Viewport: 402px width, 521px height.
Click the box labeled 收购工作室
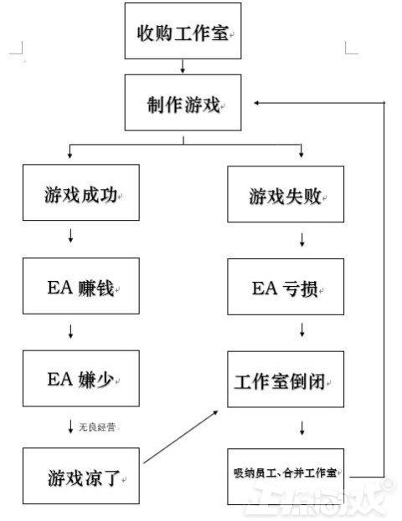click(183, 31)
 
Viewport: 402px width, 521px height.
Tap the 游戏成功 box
click(80, 193)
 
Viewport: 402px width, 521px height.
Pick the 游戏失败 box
click(286, 196)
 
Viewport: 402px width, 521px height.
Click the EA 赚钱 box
click(80, 287)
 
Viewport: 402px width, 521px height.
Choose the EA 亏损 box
click(286, 287)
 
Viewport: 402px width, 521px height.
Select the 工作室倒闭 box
click(286, 381)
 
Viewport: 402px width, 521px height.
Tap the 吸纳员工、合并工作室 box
click(286, 474)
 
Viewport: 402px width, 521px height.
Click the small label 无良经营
click(97, 427)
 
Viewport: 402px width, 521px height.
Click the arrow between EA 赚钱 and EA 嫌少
click(70, 332)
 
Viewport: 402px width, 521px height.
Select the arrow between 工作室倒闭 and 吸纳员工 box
click(301, 428)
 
